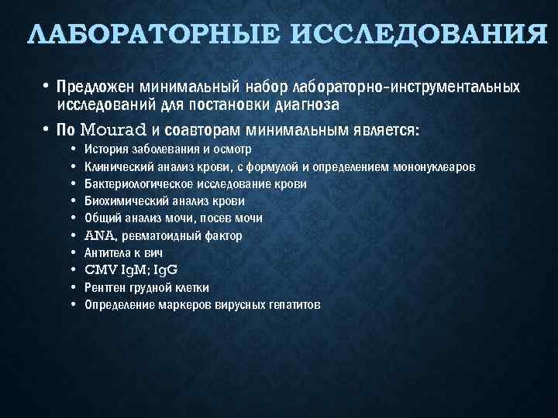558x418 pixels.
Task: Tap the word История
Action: [x=105, y=149]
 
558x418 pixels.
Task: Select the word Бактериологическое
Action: [x=143, y=184]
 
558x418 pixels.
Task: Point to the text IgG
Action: [x=164, y=270]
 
